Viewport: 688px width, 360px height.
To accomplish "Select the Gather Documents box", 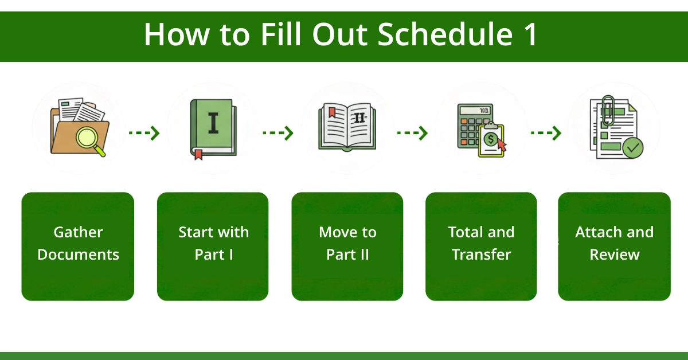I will click(78, 246).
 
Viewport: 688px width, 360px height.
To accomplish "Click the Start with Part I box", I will click(213, 246).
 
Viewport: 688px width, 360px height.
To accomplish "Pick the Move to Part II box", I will click(347, 246).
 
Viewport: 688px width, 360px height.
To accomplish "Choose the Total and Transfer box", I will click(481, 246).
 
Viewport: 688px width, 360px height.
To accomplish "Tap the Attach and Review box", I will click(614, 246).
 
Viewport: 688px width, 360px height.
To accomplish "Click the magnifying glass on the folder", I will click(90, 138).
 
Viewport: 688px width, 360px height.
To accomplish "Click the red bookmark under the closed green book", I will click(198, 154).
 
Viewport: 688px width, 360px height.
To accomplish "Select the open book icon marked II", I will click(347, 126).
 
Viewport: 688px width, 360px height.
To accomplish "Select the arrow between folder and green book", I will click(144, 133).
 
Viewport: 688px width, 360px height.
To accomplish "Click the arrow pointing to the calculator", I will click(412, 133).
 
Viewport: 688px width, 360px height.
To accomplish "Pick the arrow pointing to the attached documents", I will click(546, 133).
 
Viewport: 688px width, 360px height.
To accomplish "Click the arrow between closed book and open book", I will click(278, 133).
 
